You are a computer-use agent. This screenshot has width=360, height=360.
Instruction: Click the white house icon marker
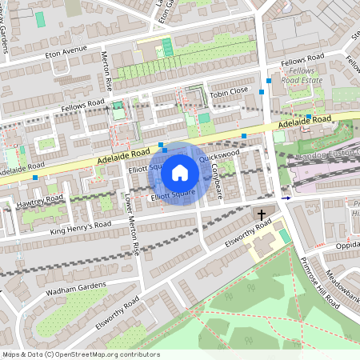(x=180, y=172)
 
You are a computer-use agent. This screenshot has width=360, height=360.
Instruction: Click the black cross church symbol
(x=261, y=215)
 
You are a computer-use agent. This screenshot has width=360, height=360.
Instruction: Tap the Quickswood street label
(x=220, y=156)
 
